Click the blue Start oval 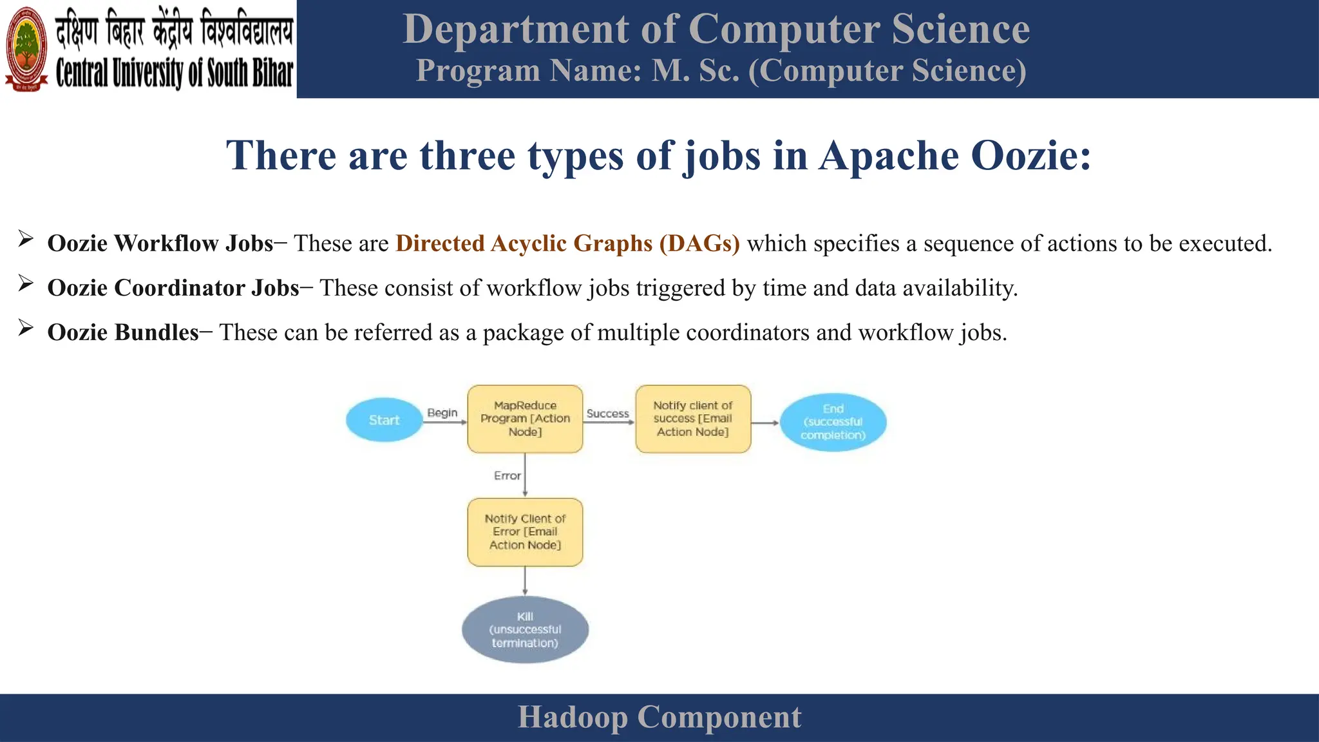pyautogui.click(x=384, y=420)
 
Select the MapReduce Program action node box pyautogui.click(x=525, y=419)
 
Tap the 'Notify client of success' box pyautogui.click(x=693, y=419)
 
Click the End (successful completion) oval pyautogui.click(x=833, y=422)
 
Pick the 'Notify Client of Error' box pyautogui.click(x=525, y=532)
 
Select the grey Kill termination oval pyautogui.click(x=525, y=630)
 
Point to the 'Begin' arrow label pyautogui.click(x=442, y=412)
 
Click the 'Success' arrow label pyautogui.click(x=607, y=414)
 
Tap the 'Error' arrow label pyautogui.click(x=507, y=475)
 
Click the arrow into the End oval pyautogui.click(x=765, y=423)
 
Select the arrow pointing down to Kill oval pyautogui.click(x=525, y=581)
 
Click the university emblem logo pyautogui.click(x=26, y=49)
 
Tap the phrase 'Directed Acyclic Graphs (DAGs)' pyautogui.click(x=567, y=243)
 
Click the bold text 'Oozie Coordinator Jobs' pyautogui.click(x=173, y=288)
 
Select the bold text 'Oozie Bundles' pyautogui.click(x=123, y=332)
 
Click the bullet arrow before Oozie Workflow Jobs pyautogui.click(x=26, y=240)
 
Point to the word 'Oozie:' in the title pyautogui.click(x=1030, y=156)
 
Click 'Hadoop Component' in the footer pyautogui.click(x=659, y=718)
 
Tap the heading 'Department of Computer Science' pyautogui.click(x=716, y=30)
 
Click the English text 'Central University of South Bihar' pyautogui.click(x=174, y=72)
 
